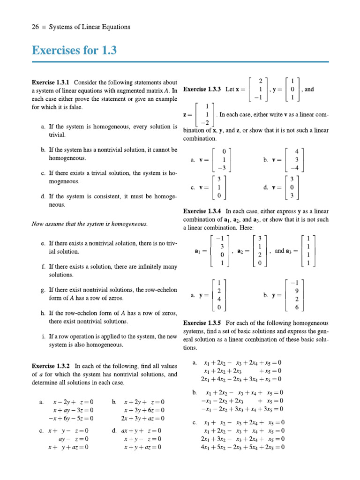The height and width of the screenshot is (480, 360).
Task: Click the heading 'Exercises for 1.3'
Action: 74,50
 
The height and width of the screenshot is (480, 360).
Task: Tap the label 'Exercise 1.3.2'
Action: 51,366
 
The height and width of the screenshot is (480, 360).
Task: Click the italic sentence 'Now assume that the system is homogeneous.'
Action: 90,224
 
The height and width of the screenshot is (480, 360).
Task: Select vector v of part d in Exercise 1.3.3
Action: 292,187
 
